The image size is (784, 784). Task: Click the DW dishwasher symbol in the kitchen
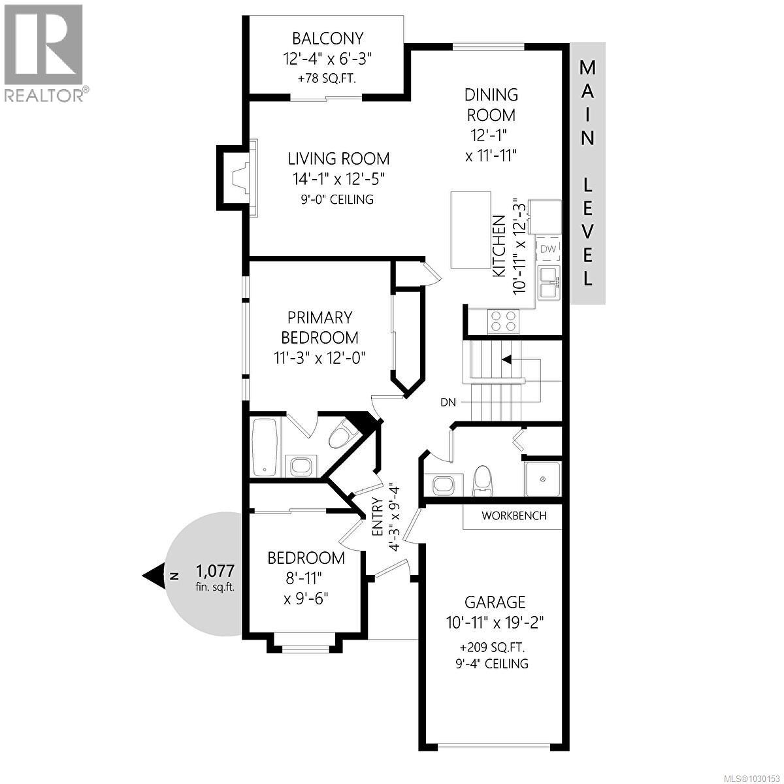(547, 249)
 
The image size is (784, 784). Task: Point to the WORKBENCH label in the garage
(514, 515)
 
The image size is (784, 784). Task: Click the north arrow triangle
(154, 576)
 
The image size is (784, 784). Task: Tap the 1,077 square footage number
(215, 571)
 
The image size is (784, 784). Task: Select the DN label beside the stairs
(448, 402)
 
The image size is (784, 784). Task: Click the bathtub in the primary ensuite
(265, 447)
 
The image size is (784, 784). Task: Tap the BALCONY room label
(327, 38)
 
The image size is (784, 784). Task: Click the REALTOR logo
(44, 52)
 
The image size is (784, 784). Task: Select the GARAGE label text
(495, 602)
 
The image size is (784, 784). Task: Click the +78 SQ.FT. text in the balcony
(327, 78)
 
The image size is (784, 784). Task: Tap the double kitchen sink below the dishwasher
(549, 282)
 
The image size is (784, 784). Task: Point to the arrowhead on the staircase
(506, 359)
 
